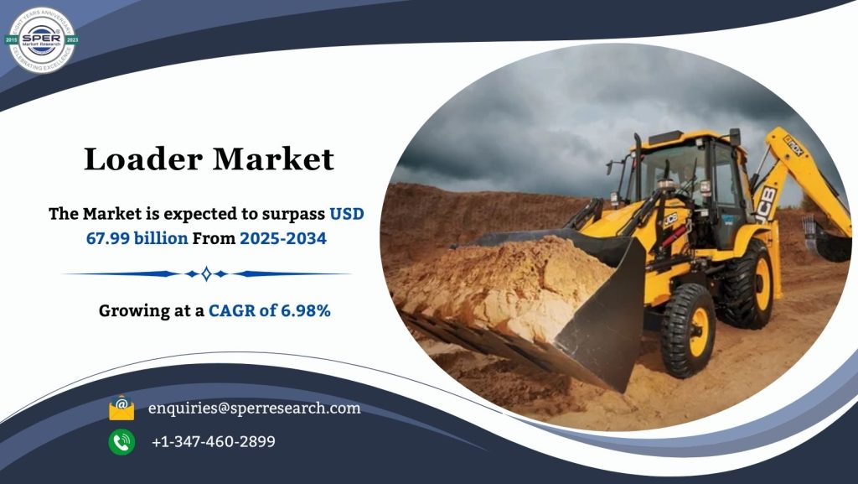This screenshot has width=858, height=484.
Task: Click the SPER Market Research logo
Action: click(42, 39)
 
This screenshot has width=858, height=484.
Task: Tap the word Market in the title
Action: click(274, 159)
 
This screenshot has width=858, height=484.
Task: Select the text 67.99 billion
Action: click(137, 238)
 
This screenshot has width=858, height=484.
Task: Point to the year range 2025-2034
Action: click(282, 238)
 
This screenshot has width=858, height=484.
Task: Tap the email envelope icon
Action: click(121, 408)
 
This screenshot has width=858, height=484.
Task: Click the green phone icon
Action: click(121, 441)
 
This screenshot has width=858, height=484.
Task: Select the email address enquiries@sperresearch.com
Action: click(254, 409)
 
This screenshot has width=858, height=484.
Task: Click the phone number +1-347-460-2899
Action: click(213, 441)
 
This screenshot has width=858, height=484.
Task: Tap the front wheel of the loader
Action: click(689, 329)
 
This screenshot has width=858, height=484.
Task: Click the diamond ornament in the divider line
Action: click(206, 273)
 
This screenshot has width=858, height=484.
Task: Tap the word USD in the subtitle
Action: click(346, 214)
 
